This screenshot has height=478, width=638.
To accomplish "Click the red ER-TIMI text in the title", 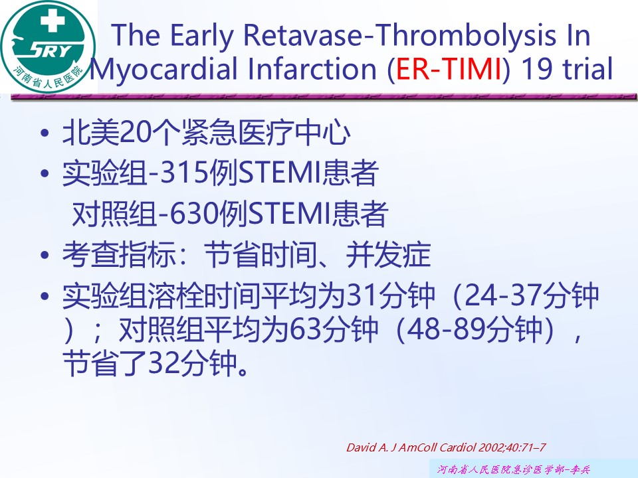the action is pos(449,68).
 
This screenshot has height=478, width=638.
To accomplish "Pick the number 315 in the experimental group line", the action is pos(185,173).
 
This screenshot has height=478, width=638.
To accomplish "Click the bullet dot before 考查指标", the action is pos(45,255).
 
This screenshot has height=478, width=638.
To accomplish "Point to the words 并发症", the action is pos(388,255).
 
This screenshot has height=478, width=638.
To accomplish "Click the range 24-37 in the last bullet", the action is pos(503,295).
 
